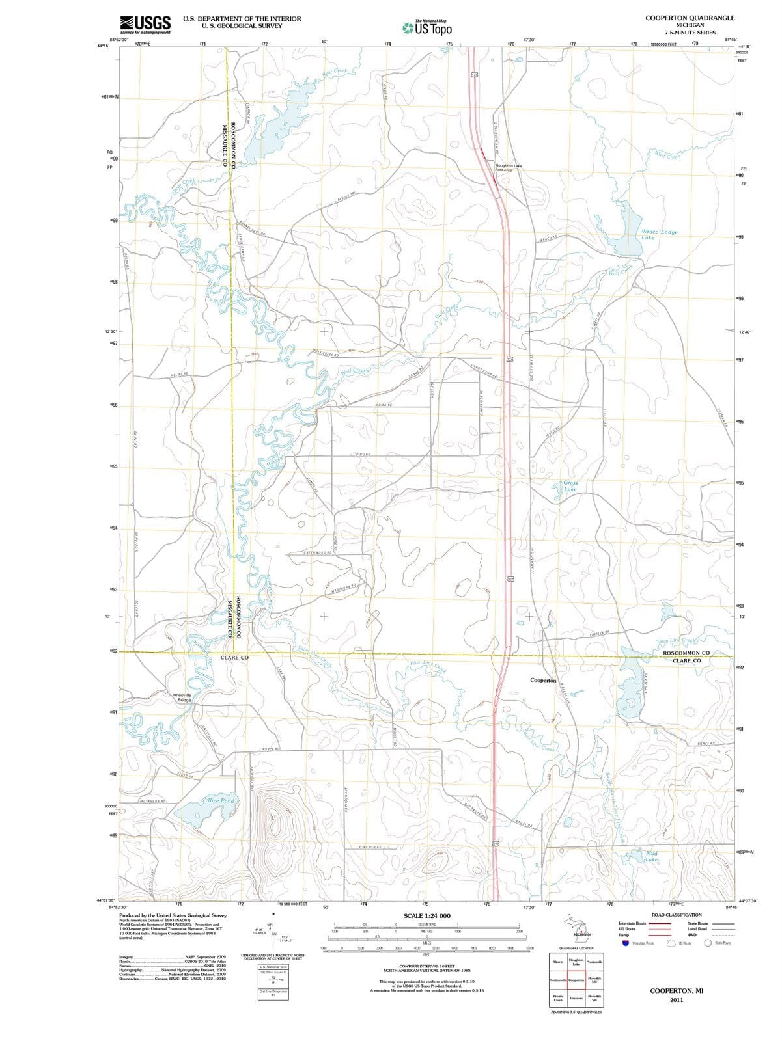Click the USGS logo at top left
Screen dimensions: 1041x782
point(146,24)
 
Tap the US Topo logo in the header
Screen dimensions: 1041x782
point(427,28)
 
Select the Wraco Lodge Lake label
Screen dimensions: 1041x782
point(659,234)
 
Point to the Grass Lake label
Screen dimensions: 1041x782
point(570,486)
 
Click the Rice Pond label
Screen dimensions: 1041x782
point(221,800)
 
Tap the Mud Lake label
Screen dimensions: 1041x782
point(651,856)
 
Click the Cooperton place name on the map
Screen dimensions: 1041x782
point(543,680)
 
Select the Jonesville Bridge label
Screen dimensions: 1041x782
point(182,697)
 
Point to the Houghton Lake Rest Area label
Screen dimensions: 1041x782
point(509,168)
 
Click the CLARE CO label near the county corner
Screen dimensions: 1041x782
point(234,658)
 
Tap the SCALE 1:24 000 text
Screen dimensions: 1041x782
point(426,915)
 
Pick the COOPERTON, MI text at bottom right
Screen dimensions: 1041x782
point(677,990)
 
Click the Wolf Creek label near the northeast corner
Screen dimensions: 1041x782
point(667,155)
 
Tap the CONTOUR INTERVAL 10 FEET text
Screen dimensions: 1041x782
point(426,966)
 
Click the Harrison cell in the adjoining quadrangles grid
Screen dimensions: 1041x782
point(576,998)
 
